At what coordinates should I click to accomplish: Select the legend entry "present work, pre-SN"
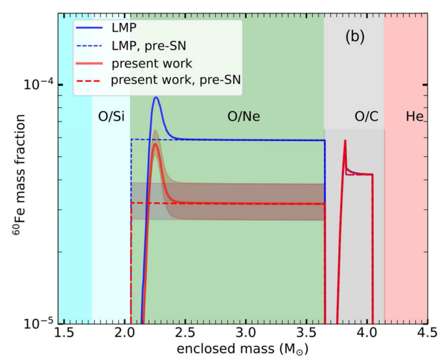(176, 80)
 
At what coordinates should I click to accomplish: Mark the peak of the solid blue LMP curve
(155, 98)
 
